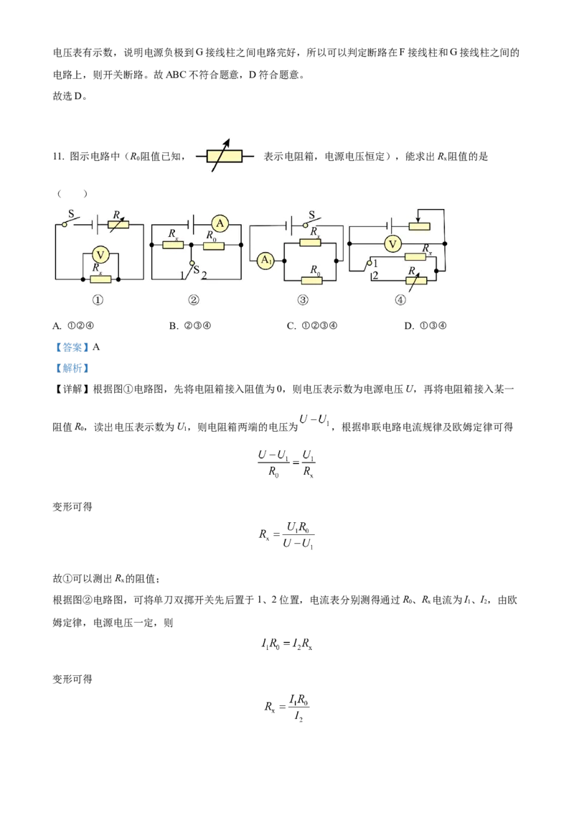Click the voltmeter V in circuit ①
102,254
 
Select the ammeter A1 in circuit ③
265,260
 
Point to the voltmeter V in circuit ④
392,244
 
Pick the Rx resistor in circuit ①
100,279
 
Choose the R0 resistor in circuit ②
213,246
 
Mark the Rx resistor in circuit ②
174,246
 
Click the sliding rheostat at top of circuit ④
419,226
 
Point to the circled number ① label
98,301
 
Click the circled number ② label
193,301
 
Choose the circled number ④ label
400,301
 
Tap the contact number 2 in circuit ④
375,276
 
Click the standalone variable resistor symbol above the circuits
225,155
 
